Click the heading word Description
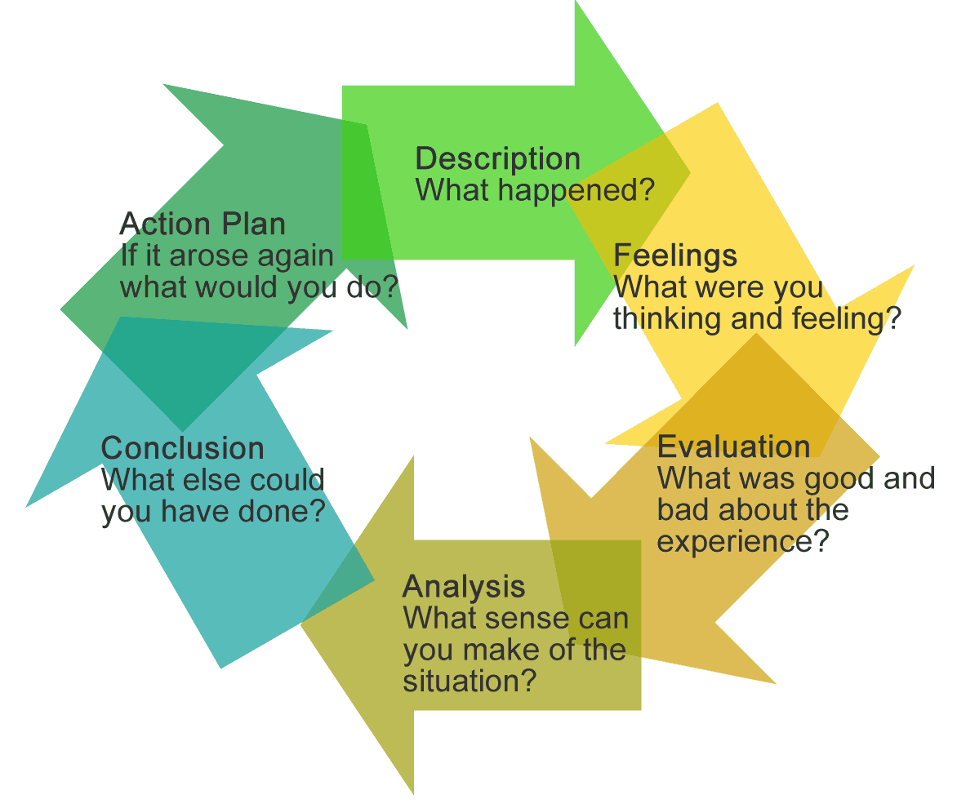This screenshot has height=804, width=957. point(498,158)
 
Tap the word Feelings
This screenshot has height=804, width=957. point(675,255)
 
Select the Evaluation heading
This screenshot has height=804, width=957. point(733,446)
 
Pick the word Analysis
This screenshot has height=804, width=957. point(464,586)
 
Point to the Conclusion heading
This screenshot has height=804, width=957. point(182,448)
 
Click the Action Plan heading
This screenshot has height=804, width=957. point(203,224)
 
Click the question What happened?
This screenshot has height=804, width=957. point(535,190)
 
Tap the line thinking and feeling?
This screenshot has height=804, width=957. point(756,318)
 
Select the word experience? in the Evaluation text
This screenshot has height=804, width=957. point(743,541)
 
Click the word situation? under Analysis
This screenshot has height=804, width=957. point(470,680)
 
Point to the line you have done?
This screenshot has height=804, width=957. point(213,512)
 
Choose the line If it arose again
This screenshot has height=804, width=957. point(227,255)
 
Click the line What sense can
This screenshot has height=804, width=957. point(515,618)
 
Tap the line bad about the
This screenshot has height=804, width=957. point(752,510)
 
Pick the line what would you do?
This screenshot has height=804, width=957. point(259,287)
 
